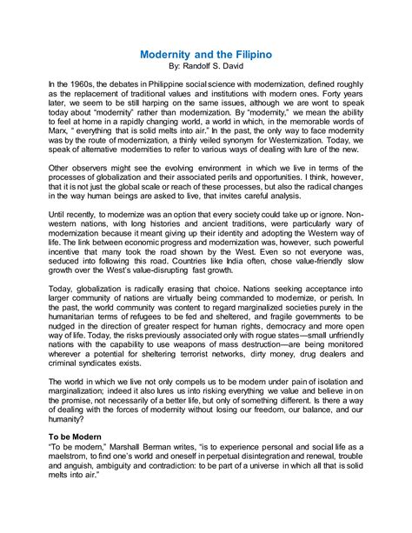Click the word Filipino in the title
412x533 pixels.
249,54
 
